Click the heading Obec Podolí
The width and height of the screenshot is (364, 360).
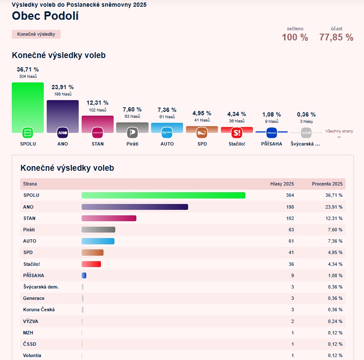45,16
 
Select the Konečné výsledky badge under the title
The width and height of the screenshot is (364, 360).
36,34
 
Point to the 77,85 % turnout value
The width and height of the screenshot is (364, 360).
336,37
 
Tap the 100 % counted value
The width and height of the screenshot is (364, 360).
295,37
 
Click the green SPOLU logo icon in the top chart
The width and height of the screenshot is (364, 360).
28,133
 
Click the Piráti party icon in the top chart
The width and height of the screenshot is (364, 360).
132,133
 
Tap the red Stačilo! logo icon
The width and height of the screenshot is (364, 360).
237,133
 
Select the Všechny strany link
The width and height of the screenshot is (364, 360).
339,131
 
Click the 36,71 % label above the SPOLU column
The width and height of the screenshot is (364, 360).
28,69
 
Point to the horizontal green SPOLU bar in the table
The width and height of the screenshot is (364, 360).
163,196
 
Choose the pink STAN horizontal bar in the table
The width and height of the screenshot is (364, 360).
109,218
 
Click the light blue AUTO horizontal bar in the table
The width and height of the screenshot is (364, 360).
98,241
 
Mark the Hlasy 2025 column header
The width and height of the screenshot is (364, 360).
282,184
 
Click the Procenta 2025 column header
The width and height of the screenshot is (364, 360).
327,184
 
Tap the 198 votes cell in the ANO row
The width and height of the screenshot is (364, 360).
290,207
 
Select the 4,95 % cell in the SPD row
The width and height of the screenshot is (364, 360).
335,252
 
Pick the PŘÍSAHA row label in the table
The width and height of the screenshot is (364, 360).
34,275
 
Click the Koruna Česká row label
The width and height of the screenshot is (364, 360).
39,310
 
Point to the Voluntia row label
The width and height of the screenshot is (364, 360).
32,355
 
